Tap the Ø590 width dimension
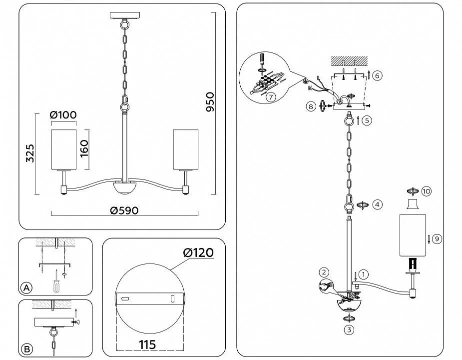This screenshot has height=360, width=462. point(124,210)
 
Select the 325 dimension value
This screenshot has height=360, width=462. point(29,153)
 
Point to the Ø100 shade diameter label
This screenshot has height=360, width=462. point(63,114)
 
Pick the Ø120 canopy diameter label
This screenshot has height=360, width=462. point(198,252)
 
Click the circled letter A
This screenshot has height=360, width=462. point(27,287)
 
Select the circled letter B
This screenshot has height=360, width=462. point(27,348)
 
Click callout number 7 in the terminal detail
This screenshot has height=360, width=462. point(270,97)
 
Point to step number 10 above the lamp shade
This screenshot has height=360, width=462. point(426,191)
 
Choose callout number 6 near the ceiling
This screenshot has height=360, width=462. point(377,75)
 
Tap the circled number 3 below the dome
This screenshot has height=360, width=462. point(348,329)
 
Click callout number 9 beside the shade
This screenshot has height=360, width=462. point(436,239)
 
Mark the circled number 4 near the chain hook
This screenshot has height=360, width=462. point(377,204)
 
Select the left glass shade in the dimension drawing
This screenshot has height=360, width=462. point(63,149)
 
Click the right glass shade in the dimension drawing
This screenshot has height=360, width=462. point(186,149)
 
